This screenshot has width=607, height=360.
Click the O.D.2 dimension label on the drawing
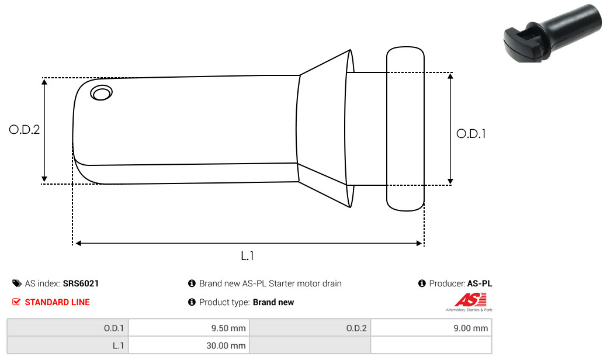pyautogui.click(x=25, y=129)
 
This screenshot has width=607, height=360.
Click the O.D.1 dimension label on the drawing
pyautogui.click(x=471, y=134)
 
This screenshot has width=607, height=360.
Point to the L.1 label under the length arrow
pyautogui.click(x=247, y=256)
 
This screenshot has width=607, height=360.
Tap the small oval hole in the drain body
pyautogui.click(x=102, y=93)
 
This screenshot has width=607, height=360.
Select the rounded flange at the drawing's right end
pyautogui.click(x=405, y=129)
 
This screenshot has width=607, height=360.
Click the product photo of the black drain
pyautogui.click(x=553, y=33)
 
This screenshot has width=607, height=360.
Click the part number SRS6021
pyautogui.click(x=81, y=283)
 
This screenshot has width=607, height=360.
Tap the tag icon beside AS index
pyautogui.click(x=16, y=283)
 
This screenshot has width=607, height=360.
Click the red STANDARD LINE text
pyautogui.click(x=57, y=302)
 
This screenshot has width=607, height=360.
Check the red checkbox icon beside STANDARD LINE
pyautogui.click(x=16, y=302)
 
